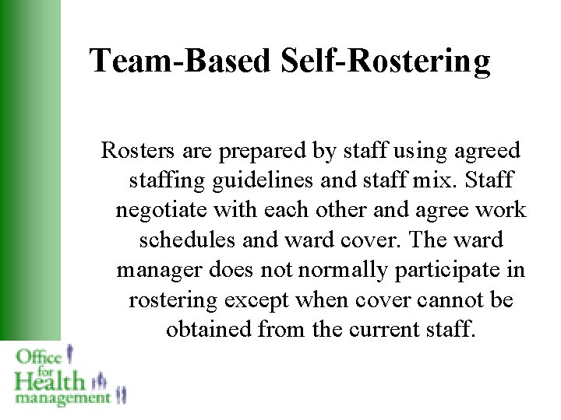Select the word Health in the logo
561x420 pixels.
(48, 381)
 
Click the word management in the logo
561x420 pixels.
(62, 398)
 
